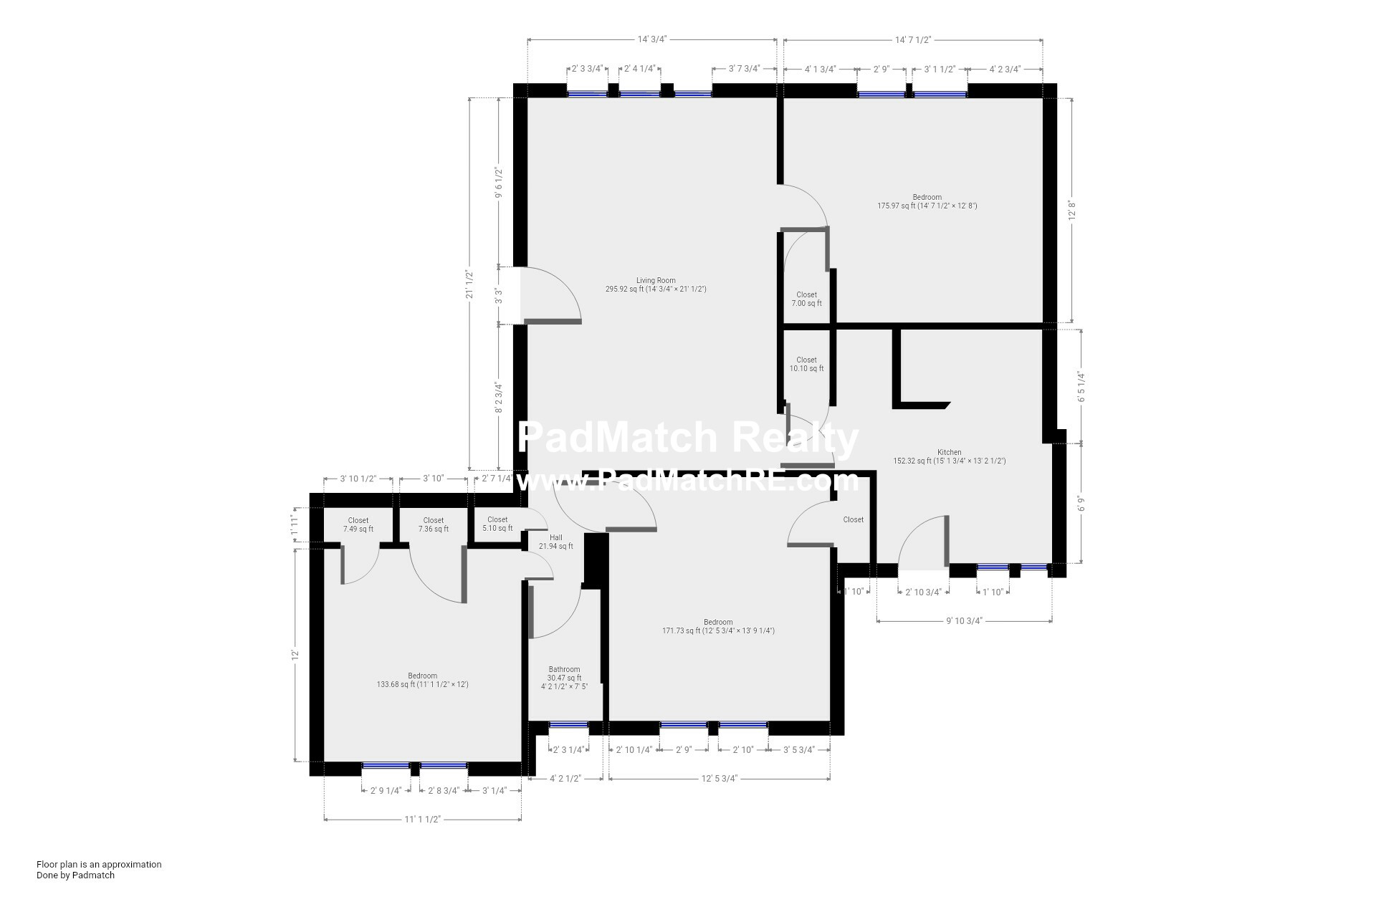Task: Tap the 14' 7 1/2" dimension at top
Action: click(912, 40)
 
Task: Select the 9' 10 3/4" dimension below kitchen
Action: click(963, 621)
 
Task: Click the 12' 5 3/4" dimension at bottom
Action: click(719, 779)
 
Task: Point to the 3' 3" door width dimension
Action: click(499, 296)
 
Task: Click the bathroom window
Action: click(568, 725)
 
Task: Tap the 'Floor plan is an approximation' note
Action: click(99, 864)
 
